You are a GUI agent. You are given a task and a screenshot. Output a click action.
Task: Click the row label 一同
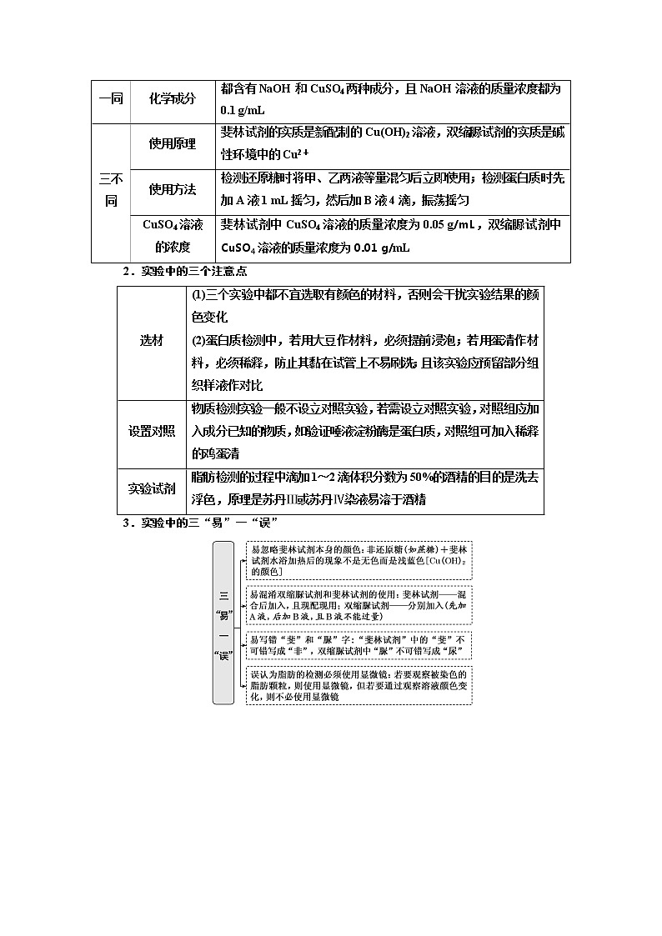[x=111, y=99]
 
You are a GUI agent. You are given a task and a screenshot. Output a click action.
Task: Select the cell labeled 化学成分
[x=172, y=99]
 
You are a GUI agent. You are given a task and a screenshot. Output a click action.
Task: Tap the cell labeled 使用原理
[x=172, y=143]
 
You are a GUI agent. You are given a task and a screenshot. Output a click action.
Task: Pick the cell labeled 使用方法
[x=172, y=189]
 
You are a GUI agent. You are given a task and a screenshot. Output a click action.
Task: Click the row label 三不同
[x=111, y=190]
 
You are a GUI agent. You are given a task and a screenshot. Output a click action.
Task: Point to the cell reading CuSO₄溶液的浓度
[x=172, y=236]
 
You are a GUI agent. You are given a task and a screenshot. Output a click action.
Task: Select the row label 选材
[x=153, y=340]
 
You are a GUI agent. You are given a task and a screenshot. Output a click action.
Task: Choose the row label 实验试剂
[x=153, y=488]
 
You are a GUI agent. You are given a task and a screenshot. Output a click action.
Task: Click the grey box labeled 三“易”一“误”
[x=223, y=623]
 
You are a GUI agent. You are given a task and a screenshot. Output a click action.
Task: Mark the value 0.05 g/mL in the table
[x=451, y=224]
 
